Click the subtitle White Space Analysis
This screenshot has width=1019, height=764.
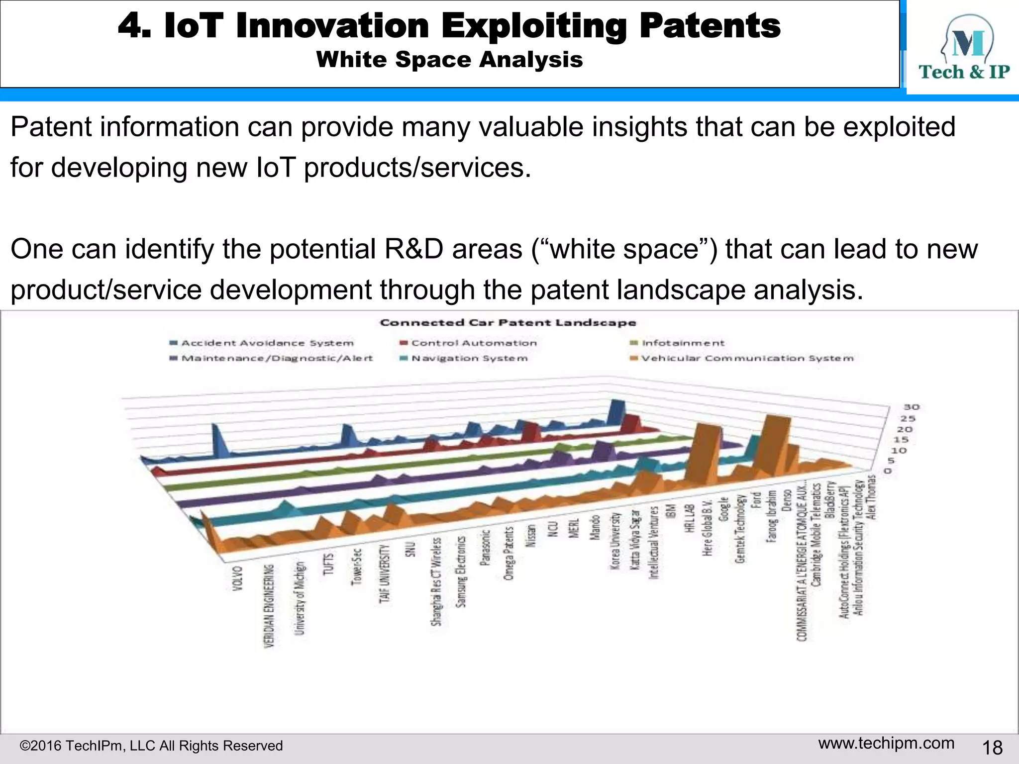point(449,60)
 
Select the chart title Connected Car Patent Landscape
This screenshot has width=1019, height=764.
point(508,323)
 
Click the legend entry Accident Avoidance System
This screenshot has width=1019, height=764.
point(267,343)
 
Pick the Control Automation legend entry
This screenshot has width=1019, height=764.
point(474,343)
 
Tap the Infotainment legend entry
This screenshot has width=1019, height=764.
point(683,343)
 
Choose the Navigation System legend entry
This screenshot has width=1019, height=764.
point(469,358)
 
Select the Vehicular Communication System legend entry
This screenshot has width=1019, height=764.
point(746,358)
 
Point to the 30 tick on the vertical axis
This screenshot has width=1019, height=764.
point(912,407)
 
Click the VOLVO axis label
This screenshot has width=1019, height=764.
point(238,578)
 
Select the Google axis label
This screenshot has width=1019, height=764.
point(724,509)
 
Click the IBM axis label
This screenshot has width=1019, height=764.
point(671,511)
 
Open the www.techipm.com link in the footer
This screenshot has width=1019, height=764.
point(886,743)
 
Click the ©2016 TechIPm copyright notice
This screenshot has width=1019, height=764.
point(151,746)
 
